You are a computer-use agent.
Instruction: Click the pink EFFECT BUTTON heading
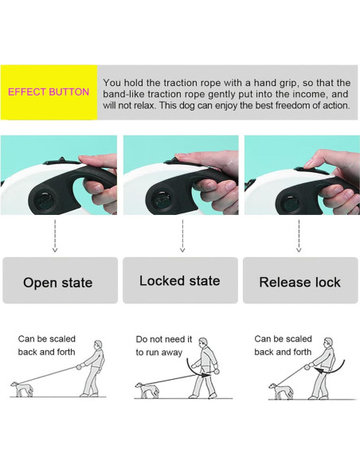point(49,92)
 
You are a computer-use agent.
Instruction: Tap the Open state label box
point(61,280)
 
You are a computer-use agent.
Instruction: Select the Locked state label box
point(180,280)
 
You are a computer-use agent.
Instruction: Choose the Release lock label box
point(300,280)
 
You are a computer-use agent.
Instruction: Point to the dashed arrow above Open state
point(55,236)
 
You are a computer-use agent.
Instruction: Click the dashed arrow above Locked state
point(182,236)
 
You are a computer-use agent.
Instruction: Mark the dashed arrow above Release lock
point(299,236)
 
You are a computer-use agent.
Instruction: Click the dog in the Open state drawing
point(22,389)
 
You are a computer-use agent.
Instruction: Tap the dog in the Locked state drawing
point(147,390)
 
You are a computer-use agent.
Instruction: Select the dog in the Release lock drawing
point(281,391)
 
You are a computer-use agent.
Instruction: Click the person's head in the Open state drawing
point(98,346)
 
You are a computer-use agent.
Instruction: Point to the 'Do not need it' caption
point(164,339)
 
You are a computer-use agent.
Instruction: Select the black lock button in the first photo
point(61,162)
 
